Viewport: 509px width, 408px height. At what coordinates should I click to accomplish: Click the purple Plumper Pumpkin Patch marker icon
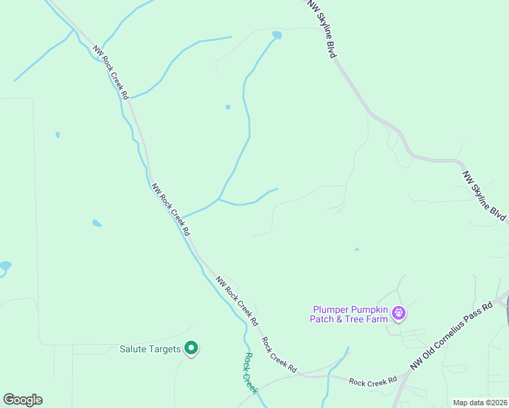399,313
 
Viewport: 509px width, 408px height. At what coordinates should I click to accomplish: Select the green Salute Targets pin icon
191,349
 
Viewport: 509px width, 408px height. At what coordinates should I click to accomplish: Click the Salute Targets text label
150,349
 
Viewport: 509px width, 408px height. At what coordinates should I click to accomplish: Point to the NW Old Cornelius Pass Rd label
451,337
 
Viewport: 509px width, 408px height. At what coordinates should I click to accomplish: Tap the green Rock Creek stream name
251,373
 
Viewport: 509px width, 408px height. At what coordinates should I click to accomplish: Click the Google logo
22,400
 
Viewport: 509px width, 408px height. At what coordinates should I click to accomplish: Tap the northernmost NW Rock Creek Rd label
111,73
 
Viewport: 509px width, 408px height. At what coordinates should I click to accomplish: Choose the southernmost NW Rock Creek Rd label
237,299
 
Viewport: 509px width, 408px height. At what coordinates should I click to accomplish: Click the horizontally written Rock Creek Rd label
373,381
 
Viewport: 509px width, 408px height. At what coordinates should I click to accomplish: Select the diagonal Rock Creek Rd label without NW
279,354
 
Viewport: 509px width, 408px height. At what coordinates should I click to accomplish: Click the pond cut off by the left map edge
4,267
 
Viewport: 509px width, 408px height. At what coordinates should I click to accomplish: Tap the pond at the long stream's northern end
277,35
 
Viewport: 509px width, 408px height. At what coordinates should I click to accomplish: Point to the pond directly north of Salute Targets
97,223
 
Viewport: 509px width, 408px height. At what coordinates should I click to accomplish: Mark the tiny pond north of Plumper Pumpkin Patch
357,250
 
